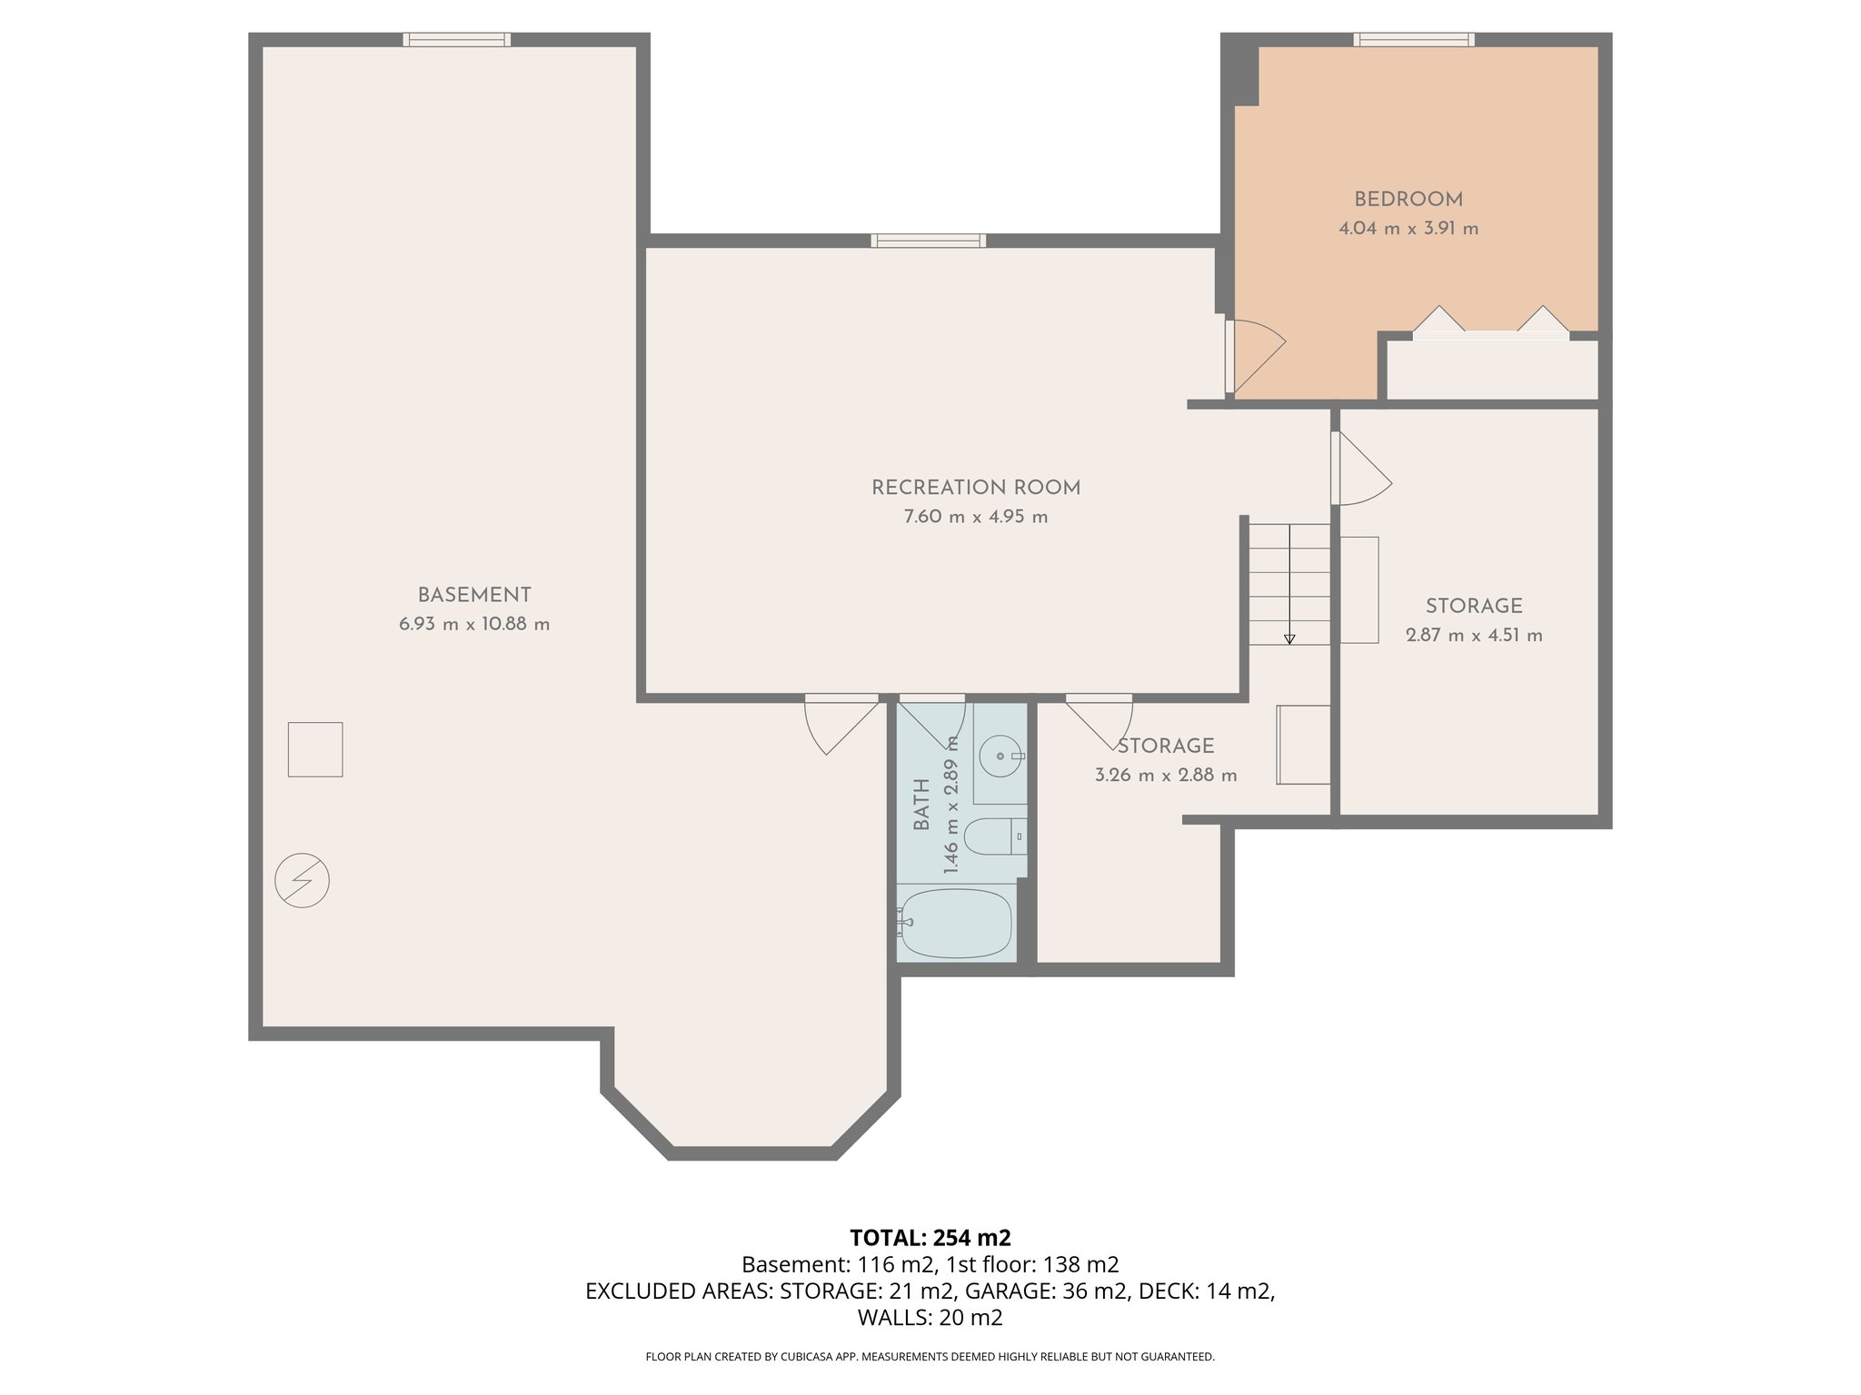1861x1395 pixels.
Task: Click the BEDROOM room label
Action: [1408, 200]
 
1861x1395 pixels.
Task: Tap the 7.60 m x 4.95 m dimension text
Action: [975, 517]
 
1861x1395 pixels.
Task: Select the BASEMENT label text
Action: [473, 595]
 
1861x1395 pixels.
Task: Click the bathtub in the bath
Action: [956, 923]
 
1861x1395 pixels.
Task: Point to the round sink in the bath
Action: [1000, 756]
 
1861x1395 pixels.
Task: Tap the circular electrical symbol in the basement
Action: [302, 880]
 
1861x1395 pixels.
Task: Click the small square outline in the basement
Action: [315, 749]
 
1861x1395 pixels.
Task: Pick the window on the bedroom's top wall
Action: [1413, 39]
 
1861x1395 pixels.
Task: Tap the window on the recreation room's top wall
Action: [928, 241]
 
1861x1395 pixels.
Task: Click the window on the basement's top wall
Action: [456, 39]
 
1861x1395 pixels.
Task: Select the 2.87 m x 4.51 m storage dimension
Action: [1473, 636]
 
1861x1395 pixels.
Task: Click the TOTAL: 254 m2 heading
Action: [930, 1238]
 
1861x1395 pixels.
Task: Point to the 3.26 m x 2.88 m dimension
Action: [1165, 776]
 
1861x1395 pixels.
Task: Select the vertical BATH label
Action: [921, 804]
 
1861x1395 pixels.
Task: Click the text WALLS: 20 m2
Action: [930, 1318]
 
